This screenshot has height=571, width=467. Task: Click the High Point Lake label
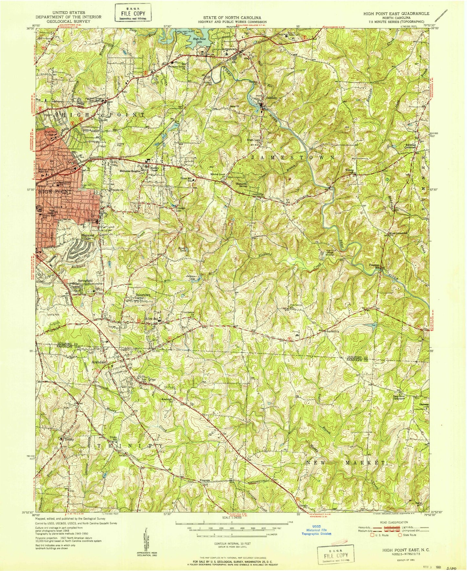pyautogui.click(x=199, y=40)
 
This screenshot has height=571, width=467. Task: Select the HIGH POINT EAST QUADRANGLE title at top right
pyautogui.click(x=397, y=14)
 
